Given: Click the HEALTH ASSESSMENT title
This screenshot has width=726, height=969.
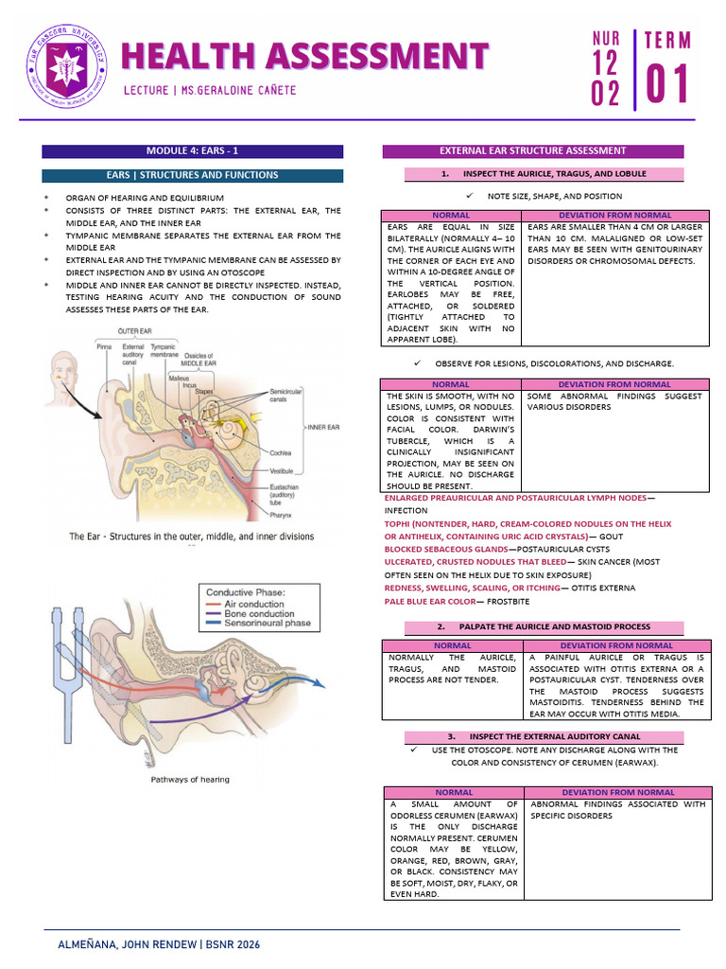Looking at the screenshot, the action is tap(304, 56).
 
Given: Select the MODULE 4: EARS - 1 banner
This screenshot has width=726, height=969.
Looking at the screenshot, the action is tap(192, 150).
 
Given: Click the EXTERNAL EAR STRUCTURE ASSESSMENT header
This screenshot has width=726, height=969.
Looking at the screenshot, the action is tap(532, 150).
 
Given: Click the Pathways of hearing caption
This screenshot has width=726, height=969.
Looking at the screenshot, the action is tap(190, 780).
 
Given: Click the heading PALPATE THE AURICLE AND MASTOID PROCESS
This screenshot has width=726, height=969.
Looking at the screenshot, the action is tap(544, 626).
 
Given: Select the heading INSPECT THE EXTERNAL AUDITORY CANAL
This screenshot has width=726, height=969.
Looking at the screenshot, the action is tap(544, 735).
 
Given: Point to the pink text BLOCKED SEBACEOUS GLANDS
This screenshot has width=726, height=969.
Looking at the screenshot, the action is tap(445, 549).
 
